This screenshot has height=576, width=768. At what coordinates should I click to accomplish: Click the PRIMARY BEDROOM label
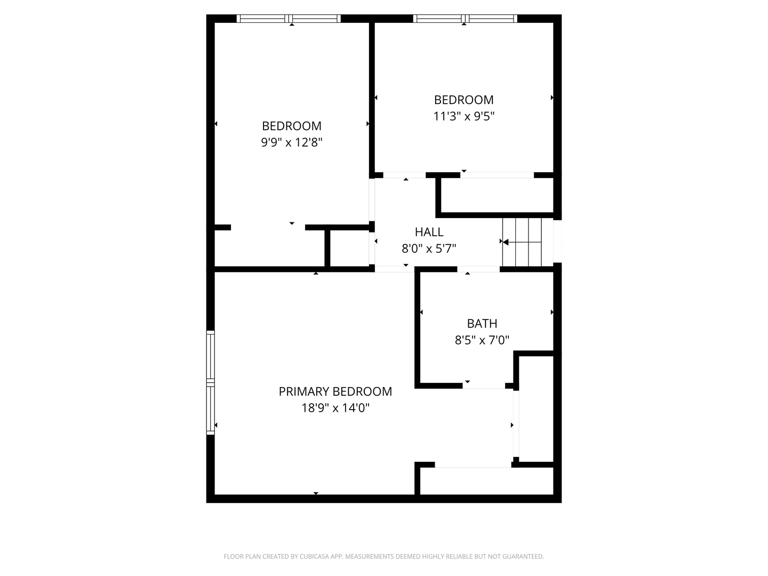(x=335, y=391)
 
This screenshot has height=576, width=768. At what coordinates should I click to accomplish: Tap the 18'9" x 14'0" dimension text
(x=335, y=408)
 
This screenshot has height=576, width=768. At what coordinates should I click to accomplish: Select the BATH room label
(x=482, y=323)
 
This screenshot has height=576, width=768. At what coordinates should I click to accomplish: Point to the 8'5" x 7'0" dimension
(x=482, y=340)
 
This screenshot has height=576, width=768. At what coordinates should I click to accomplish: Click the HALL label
(x=429, y=232)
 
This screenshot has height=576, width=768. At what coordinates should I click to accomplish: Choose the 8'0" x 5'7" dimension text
(x=429, y=248)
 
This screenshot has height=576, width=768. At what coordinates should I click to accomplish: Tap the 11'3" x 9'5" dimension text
(x=464, y=116)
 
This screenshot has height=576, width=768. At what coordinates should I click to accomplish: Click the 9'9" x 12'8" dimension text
(x=292, y=142)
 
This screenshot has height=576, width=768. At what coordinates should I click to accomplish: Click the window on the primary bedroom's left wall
(x=211, y=382)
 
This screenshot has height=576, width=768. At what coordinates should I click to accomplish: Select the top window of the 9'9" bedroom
(x=289, y=19)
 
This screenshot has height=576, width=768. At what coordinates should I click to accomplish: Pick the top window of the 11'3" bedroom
(x=465, y=19)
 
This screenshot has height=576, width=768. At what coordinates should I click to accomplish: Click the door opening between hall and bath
(x=478, y=269)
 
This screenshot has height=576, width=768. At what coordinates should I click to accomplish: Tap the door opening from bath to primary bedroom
(x=484, y=386)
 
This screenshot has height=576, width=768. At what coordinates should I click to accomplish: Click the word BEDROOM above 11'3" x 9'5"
(x=464, y=100)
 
